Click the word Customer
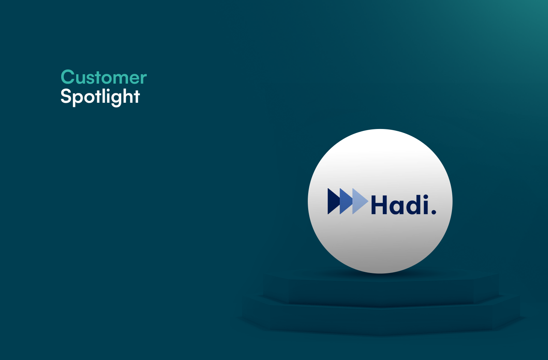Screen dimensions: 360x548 click(104, 78)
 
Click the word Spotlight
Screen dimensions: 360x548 click(100, 97)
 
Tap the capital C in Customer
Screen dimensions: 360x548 click(68, 77)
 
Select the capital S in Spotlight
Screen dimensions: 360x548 click(66, 96)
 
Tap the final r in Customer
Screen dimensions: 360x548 click(143, 79)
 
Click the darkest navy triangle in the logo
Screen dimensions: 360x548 click(332, 201)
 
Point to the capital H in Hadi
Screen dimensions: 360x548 click(379, 205)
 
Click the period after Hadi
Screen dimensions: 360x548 click(434, 212)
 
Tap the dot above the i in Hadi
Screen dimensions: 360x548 click(425, 197)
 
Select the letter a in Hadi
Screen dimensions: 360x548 click(395, 207)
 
